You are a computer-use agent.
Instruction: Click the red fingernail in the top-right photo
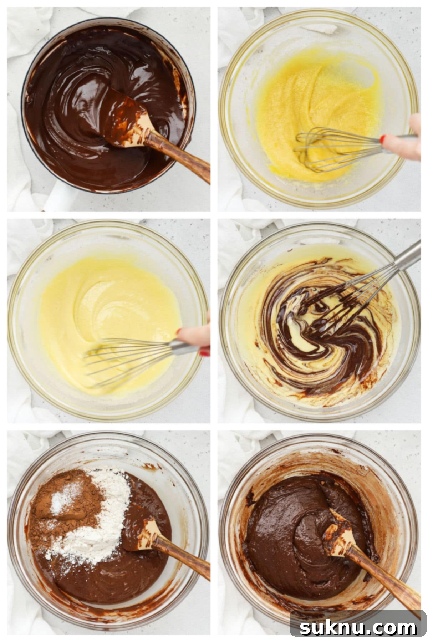pyautogui.click(x=383, y=139)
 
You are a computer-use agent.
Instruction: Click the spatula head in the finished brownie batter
pyautogui.click(x=337, y=531)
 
